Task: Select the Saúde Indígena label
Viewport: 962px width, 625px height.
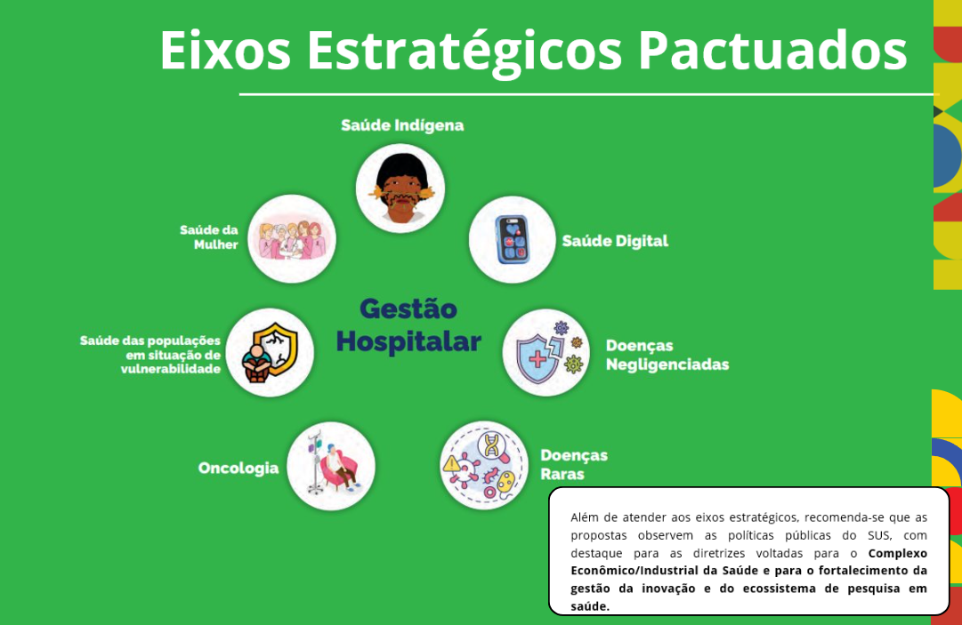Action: pos(402,125)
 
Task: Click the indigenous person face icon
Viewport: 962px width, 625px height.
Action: pos(400,188)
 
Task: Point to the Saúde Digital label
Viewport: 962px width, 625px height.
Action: pos(615,241)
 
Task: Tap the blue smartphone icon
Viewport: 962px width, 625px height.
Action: pos(512,240)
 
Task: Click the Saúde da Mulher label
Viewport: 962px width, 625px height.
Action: pos(209,236)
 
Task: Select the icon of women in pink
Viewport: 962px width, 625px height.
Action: pos(292,239)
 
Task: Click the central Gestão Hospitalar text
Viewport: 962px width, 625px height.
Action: pos(408,325)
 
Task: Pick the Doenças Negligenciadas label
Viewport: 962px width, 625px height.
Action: pos(667,355)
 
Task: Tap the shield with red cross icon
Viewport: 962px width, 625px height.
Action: pos(546,353)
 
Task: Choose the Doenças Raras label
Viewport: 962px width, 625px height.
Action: pos(573,464)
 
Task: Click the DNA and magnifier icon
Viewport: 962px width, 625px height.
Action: pos(484,465)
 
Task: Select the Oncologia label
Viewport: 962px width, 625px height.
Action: pos(238,468)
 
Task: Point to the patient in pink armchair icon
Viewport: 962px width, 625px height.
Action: pos(331,466)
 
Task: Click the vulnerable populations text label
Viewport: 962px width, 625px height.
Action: pos(150,354)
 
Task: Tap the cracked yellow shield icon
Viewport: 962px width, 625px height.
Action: pos(270,352)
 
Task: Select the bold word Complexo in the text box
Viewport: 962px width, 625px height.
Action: pos(897,553)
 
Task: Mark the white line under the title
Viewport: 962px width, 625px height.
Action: pos(587,93)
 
